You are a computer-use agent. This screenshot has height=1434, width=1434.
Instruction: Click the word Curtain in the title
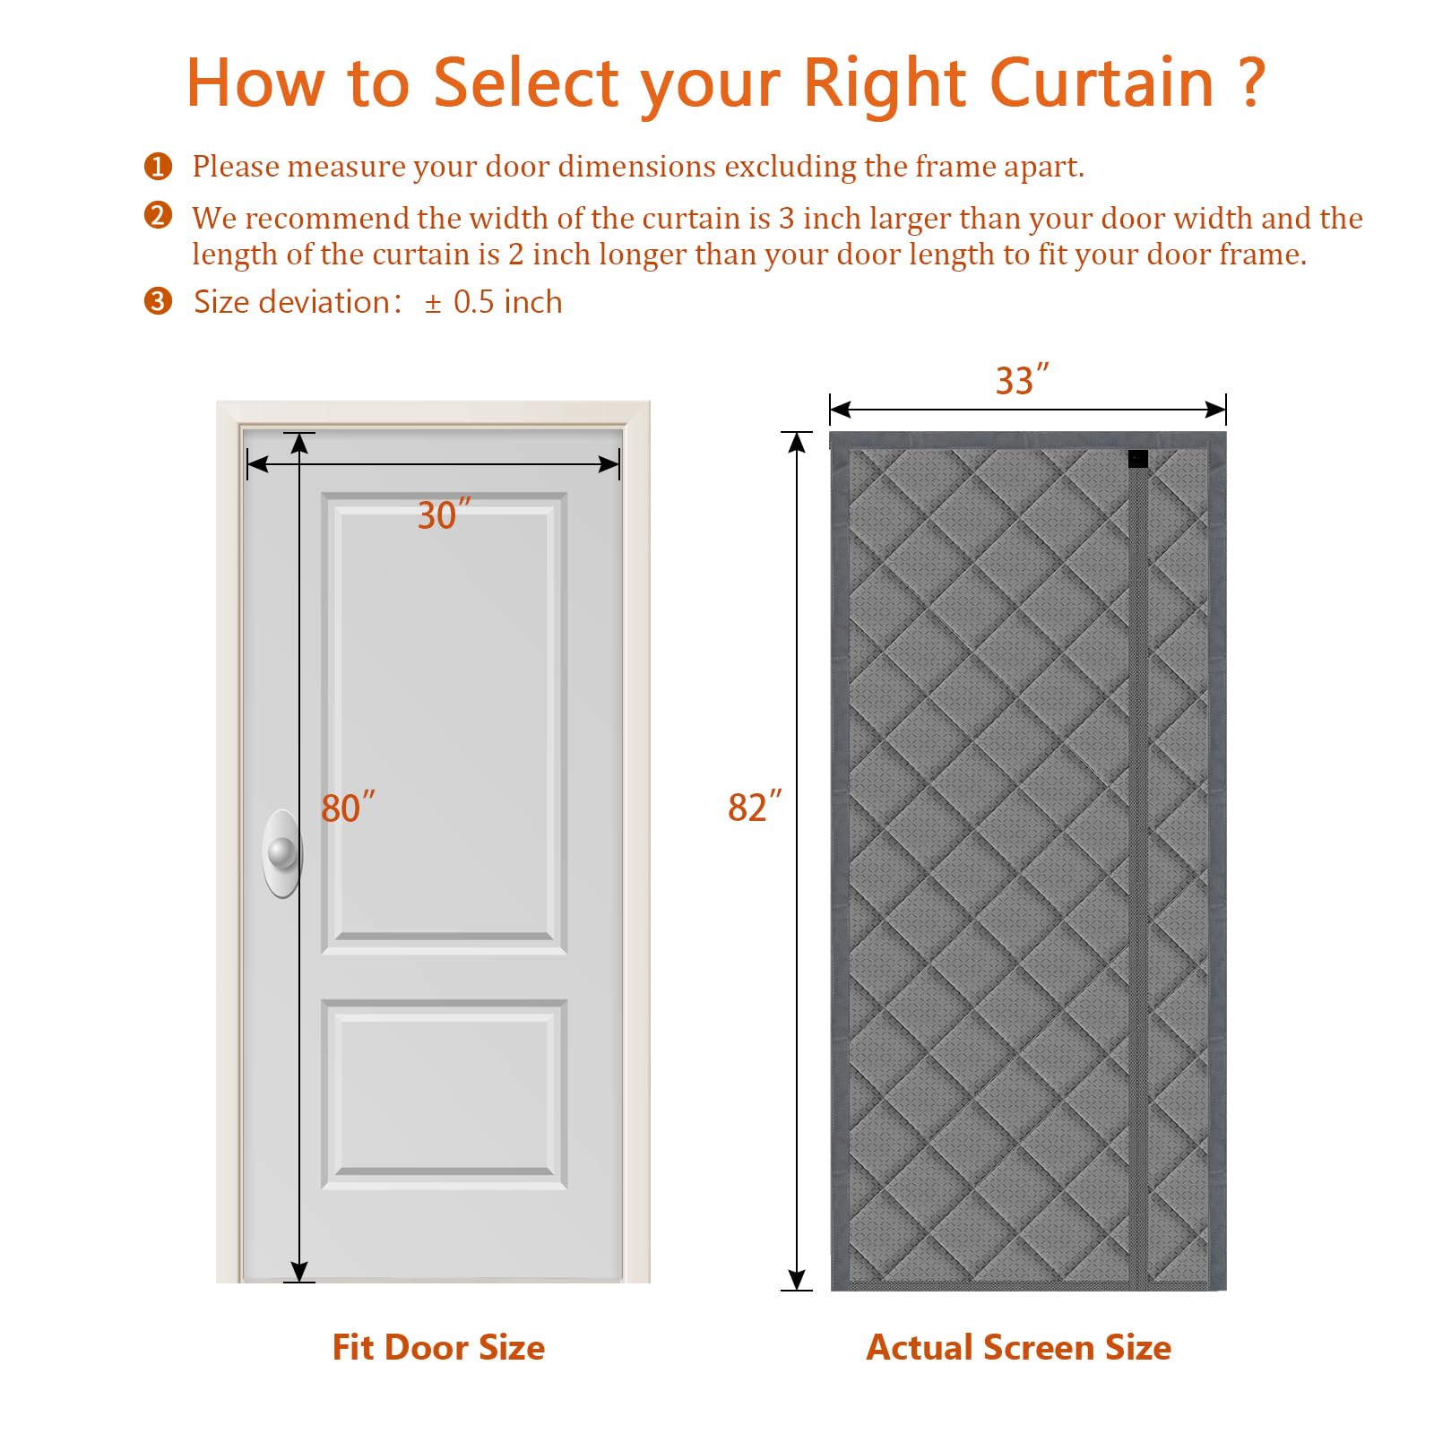pos(1101,82)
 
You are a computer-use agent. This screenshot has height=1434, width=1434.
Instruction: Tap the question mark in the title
pos(1253,82)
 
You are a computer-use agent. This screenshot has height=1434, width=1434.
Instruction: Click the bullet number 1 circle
pos(158,166)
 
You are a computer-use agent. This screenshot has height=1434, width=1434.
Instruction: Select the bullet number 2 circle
pos(158,215)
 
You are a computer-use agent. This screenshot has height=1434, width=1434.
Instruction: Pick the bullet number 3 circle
pos(158,301)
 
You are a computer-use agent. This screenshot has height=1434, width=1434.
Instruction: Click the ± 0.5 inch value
pos(493,302)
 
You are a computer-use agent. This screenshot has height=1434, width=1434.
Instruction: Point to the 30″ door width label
pos(443,514)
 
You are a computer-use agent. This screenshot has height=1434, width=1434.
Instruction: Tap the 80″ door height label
pos(347,808)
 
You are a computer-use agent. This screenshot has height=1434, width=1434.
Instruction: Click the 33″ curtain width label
pos(1021,380)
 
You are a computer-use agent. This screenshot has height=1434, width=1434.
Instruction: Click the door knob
pos(282,852)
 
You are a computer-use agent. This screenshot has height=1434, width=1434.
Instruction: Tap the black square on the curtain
pos(1137,459)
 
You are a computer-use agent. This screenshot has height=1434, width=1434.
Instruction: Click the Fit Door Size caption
pos(438,1347)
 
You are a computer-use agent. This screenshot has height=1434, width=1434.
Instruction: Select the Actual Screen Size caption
pos(1018,1347)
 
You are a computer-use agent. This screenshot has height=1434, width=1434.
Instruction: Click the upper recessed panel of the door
pos(444,721)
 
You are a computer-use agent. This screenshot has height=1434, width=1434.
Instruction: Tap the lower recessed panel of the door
pos(444,1093)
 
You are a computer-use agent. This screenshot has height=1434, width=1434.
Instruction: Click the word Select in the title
pos(526,82)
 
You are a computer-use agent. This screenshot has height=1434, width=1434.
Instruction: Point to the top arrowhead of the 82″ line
pos(797,442)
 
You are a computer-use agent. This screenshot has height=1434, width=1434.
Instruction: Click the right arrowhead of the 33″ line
pos(1215,410)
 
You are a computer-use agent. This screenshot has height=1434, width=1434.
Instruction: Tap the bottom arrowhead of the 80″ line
pos(299,1272)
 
